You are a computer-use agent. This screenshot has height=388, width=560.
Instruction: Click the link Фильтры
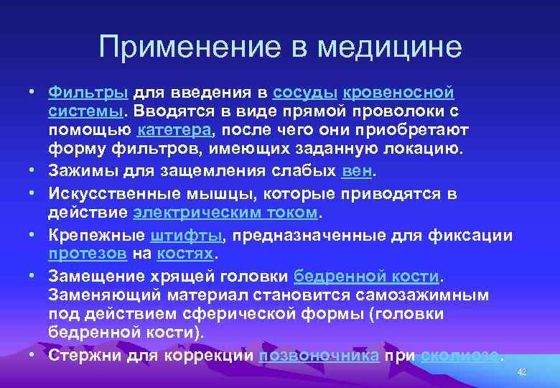coord(88,93)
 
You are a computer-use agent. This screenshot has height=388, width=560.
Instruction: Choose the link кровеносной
coord(399,93)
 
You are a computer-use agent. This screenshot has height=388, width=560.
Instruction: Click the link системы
coord(85,111)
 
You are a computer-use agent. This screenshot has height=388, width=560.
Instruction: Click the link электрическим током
coord(225,213)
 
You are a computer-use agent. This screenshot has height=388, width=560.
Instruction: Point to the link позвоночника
coord(319,355)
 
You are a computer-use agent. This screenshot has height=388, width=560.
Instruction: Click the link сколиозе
coord(459,355)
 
